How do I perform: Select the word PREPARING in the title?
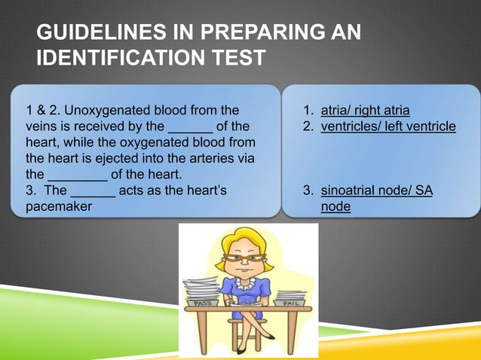tap(249, 32)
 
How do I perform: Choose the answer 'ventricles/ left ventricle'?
tap(388, 126)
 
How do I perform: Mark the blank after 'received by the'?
tap(190, 126)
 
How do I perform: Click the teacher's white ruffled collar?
tap(246, 283)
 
